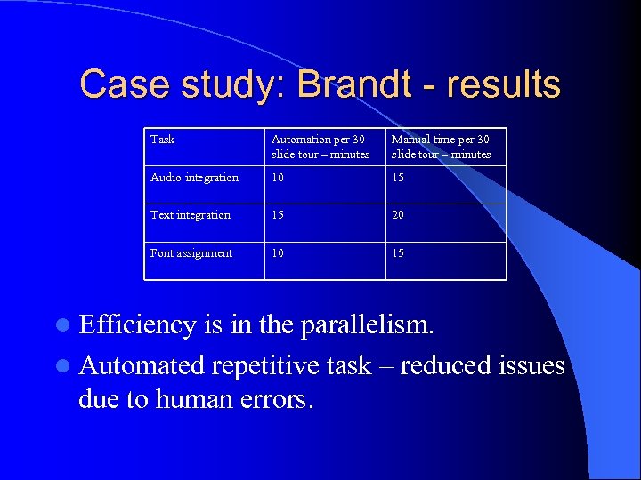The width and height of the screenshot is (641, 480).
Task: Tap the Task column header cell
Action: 163,140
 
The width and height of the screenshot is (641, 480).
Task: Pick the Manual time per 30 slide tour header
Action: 441,147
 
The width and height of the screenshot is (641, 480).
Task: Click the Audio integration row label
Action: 194,178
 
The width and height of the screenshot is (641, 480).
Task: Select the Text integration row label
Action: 191,215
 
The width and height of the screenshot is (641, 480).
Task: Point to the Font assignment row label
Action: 191,253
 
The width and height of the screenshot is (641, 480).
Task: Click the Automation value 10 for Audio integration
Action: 277,178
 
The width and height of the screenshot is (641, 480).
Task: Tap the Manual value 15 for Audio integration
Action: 398,178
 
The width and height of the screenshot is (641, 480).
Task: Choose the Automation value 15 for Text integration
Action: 277,215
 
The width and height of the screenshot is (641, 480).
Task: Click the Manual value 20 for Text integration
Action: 398,215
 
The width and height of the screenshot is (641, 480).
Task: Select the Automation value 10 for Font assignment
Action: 277,253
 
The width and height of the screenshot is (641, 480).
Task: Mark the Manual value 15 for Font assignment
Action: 398,253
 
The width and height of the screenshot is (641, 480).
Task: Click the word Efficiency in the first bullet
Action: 137,325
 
